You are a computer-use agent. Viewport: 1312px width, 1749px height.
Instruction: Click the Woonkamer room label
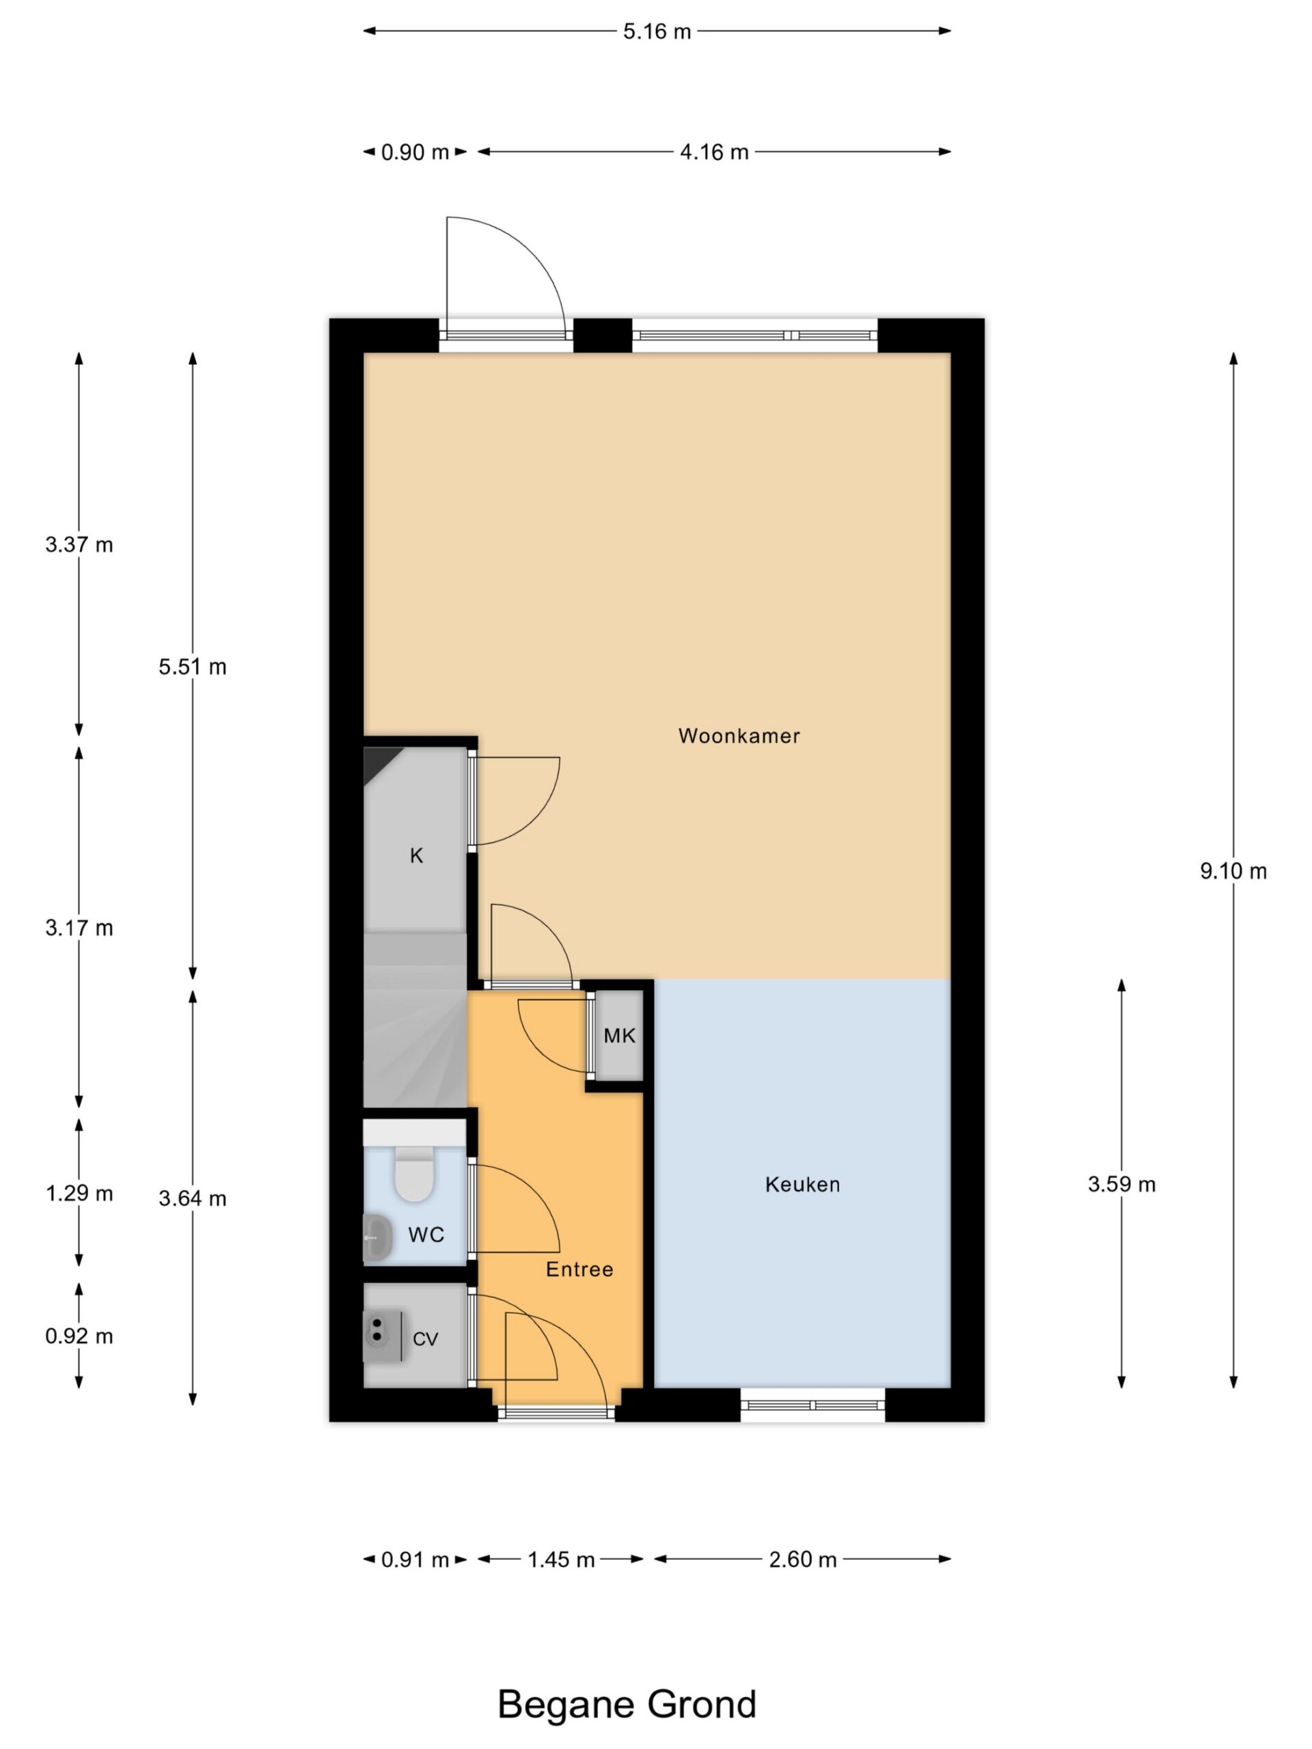739,736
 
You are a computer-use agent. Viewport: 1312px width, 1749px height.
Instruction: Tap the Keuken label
802,1185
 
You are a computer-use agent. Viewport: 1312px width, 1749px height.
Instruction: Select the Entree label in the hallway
579,1269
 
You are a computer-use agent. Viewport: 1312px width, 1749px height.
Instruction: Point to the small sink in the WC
377,1237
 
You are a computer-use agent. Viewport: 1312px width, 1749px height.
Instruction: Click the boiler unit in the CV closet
383,1336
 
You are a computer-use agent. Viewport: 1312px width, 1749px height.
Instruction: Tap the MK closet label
619,1036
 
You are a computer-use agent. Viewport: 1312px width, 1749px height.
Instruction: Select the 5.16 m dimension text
657,31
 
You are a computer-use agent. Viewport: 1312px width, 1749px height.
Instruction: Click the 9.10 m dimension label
1233,871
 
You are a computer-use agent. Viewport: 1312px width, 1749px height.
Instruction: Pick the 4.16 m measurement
714,152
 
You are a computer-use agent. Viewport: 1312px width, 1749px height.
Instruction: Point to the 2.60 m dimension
802,1559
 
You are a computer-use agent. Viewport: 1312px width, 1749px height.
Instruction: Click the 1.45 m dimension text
561,1559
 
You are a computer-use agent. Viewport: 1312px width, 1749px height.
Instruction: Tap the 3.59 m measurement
1121,1185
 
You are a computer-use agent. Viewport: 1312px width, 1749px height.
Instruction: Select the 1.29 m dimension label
79,1193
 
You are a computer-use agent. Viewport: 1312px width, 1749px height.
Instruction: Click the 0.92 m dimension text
79,1336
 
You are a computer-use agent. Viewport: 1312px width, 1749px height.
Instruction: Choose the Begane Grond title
627,1705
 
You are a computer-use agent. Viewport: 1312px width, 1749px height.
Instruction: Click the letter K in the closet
416,855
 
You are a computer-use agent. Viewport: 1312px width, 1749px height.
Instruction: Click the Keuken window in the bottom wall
812,1405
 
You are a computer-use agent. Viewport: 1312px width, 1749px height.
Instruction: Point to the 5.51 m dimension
192,667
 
